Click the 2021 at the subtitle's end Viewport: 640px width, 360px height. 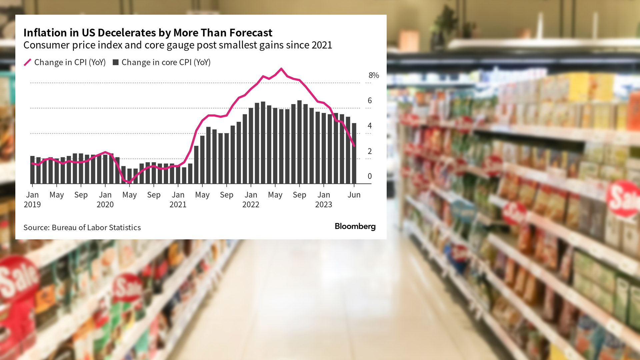(322, 45)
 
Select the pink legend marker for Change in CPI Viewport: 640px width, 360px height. (27, 62)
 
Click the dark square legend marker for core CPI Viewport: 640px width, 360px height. (116, 62)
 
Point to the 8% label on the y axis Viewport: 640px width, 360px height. (374, 75)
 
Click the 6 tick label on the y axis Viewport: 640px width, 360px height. (370, 100)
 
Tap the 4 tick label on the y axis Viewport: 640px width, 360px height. (370, 126)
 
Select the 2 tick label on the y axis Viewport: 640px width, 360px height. (370, 151)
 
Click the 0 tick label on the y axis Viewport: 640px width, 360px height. (370, 176)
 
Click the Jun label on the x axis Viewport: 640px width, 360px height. (354, 195)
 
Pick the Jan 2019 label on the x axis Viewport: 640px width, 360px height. (32, 199)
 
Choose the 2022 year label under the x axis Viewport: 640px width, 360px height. (251, 204)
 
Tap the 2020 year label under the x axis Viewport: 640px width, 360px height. (105, 204)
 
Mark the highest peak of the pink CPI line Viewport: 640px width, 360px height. (281, 69)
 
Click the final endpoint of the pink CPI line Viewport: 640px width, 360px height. (354, 146)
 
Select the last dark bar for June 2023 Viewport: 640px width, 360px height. (354, 153)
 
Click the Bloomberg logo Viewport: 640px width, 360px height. (355, 226)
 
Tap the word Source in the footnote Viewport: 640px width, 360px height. (36, 227)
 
